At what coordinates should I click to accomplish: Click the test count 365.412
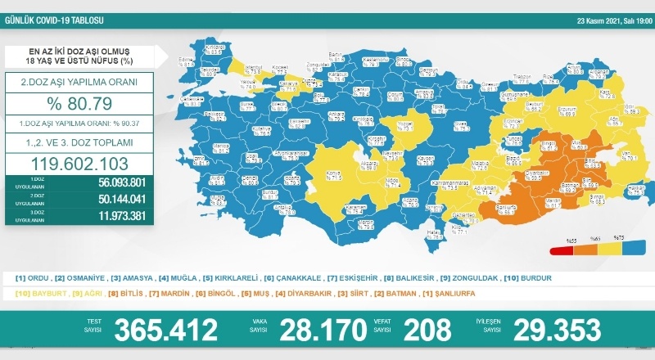pyautogui.click(x=166, y=330)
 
